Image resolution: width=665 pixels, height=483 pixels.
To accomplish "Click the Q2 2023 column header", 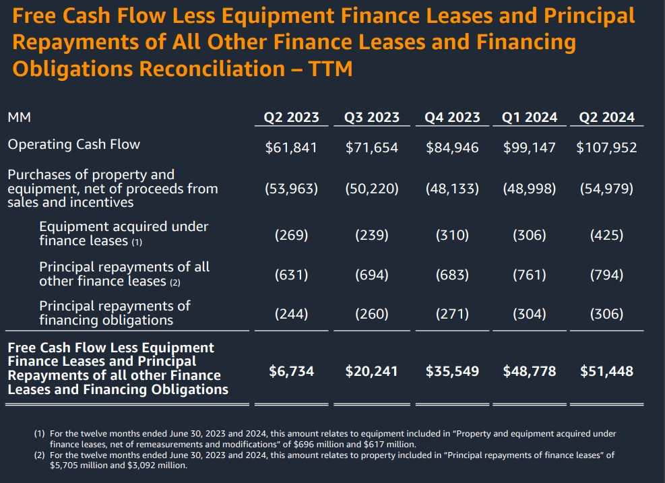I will click(291, 117).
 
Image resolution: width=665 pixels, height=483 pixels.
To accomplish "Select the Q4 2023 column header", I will click(452, 117).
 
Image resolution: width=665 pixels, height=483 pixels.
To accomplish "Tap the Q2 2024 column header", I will click(606, 117).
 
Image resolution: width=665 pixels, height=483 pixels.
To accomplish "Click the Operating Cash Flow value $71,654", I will click(371, 147).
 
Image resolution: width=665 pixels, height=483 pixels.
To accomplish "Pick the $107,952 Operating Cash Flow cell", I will click(606, 147).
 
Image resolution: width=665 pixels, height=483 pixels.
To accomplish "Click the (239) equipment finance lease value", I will click(371, 235).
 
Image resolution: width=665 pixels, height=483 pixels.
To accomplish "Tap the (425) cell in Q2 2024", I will click(606, 235).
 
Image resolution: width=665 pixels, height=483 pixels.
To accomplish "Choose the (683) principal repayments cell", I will click(452, 275).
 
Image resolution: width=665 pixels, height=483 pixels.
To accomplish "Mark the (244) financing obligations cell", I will click(291, 314).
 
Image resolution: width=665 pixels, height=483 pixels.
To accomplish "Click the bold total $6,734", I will click(291, 371).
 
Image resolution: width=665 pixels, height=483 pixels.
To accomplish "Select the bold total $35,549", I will click(452, 371).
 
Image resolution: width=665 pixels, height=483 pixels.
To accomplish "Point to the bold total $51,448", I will click(606, 371).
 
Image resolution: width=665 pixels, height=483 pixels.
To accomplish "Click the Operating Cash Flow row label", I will click(73, 144).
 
